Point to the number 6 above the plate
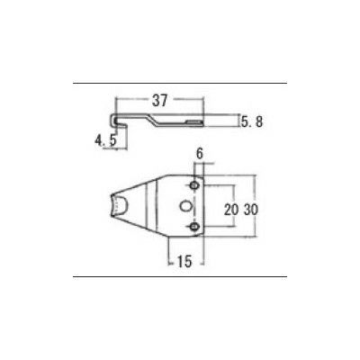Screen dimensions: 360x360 tap(199, 155)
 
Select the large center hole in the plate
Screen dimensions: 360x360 tap(185, 206)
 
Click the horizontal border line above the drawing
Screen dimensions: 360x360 tap(180, 84)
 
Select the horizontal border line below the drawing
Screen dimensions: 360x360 tap(180, 277)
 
